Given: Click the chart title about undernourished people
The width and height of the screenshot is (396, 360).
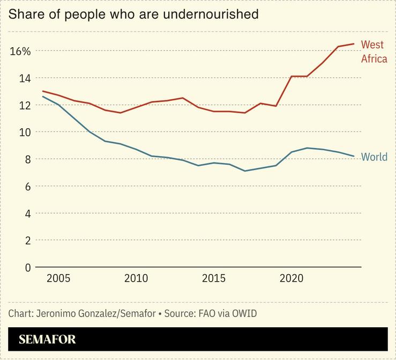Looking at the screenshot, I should coord(133,14).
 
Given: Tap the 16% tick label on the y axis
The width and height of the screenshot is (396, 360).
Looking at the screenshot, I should coord(20,52).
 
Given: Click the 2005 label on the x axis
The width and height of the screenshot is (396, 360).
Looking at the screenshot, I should coord(58,278).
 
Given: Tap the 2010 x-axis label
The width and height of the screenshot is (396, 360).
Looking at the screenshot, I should coord(136,278).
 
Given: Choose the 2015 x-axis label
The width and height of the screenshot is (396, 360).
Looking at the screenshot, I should coord(214,278).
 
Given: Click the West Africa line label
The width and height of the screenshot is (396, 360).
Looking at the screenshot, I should coord(373,52).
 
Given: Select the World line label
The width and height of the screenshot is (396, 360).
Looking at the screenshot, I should coord(374,157).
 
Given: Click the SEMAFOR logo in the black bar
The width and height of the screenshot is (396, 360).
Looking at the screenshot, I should coord(47,340).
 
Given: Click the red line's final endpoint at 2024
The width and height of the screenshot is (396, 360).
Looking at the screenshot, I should coord(354,44).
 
